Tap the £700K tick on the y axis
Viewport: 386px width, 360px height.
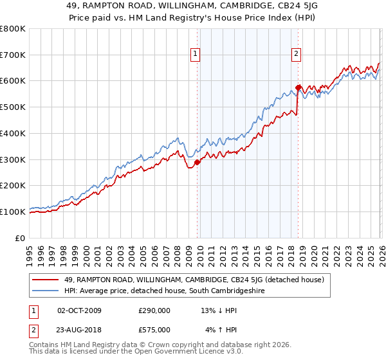tap(13, 55)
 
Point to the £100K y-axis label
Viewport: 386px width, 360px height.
tap(13, 212)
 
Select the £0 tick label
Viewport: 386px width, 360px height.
tap(21, 238)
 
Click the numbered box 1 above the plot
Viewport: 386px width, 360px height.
tap(196, 55)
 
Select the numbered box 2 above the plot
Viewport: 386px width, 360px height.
tap(297, 55)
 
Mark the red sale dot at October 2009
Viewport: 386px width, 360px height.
tap(197, 162)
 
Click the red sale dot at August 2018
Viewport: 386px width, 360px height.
tap(298, 87)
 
